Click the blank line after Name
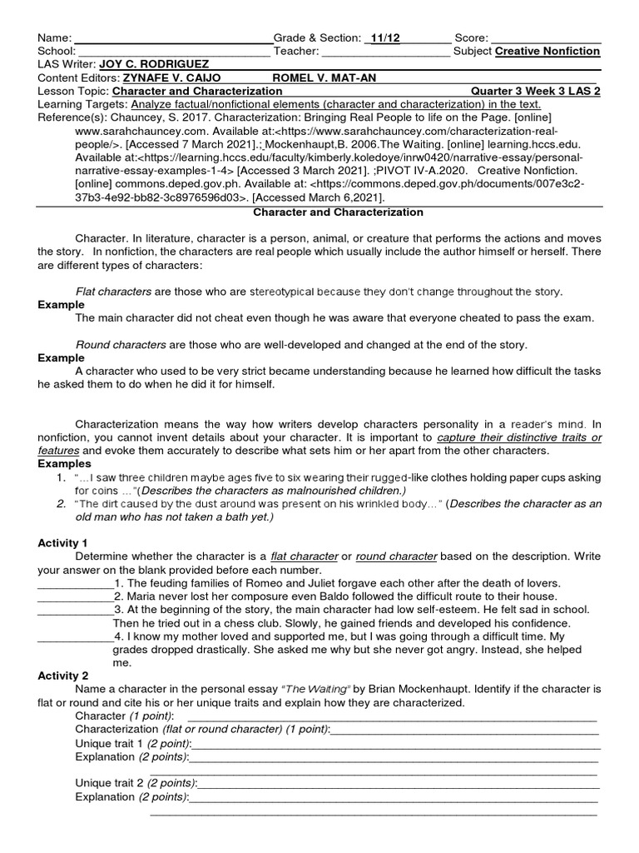tap(174, 38)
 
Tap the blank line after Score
tap(546, 38)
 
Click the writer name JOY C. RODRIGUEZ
tap(154, 64)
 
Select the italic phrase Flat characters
tap(113, 292)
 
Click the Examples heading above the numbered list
tap(63, 464)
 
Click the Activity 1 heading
tap(68, 543)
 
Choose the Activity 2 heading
tap(68, 676)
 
